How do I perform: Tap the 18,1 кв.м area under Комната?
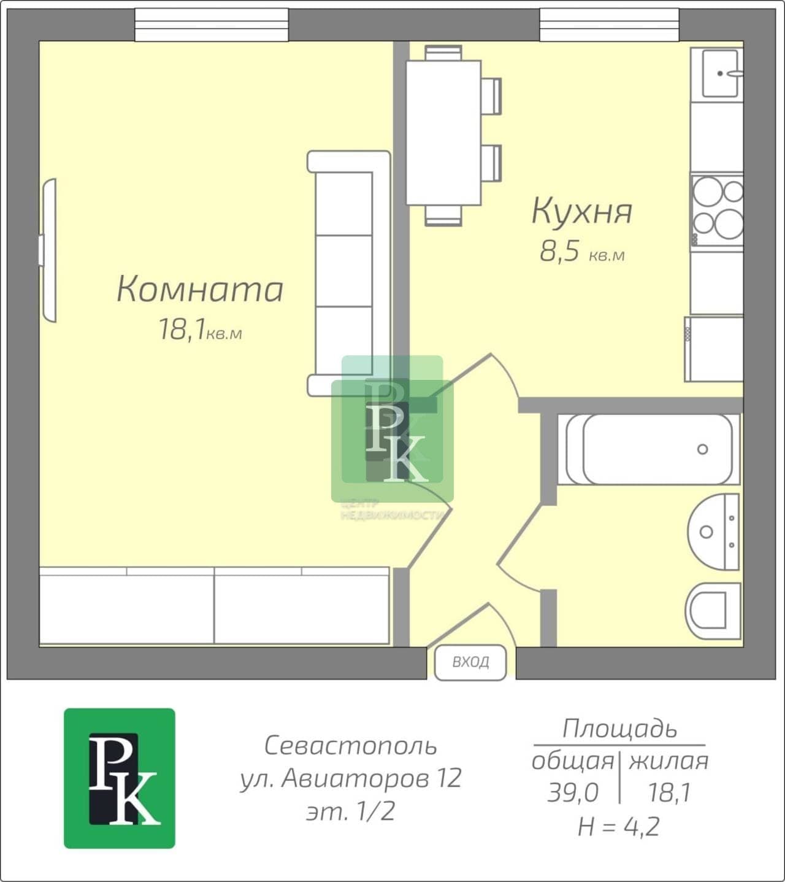coord(200,330)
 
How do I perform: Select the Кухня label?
coord(582,212)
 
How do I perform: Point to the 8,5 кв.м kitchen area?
coord(582,252)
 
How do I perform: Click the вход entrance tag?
coord(470,662)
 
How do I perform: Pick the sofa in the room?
coord(349,273)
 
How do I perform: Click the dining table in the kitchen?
coord(443,133)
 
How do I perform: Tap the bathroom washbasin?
coord(714,532)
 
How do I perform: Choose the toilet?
coord(713,611)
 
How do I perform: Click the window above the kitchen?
coord(609,25)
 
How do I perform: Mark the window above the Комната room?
coord(212,25)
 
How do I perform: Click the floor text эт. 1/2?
coord(351,811)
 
